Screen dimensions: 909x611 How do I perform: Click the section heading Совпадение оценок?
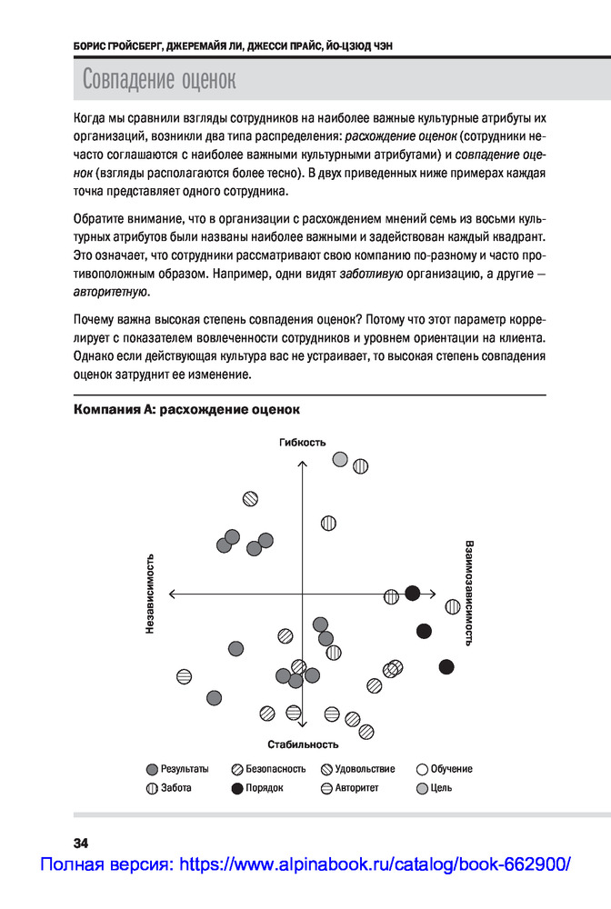point(159,79)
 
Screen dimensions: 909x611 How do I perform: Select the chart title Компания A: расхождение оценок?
point(185,410)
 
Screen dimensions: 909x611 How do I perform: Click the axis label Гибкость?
point(303,443)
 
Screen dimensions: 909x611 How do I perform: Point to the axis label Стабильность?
point(303,744)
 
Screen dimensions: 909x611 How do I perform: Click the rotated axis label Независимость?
point(150,594)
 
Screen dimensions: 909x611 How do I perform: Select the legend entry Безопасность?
point(269,769)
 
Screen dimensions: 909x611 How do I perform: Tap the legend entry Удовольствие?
point(358,769)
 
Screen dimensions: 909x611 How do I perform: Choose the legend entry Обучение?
point(445,769)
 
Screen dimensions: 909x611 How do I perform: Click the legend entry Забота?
point(169,788)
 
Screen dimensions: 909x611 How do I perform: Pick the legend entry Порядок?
point(257,788)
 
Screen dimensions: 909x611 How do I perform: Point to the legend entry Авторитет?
point(350,788)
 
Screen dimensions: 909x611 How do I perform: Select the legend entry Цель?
point(435,788)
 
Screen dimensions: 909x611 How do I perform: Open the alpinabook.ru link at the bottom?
point(305,864)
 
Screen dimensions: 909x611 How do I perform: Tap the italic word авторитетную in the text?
point(110,293)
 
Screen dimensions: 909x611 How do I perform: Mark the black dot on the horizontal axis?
point(412,594)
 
